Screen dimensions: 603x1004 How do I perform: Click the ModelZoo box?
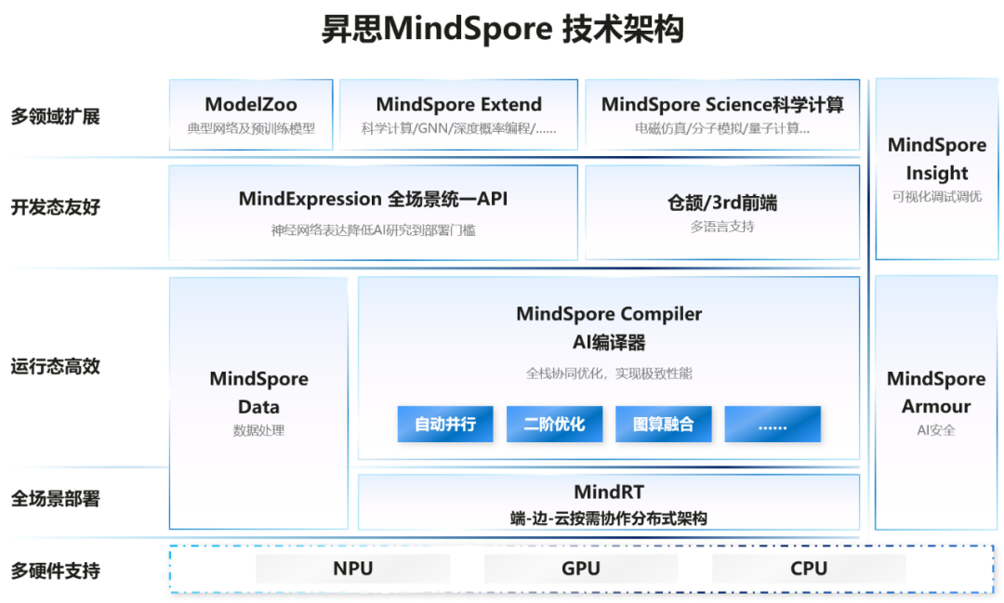[251, 114]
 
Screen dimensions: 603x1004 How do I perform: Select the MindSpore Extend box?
[458, 114]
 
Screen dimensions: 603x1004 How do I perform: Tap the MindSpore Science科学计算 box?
[722, 114]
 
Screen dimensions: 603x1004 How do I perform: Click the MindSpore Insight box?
[936, 169]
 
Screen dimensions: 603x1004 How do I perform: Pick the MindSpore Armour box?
[936, 402]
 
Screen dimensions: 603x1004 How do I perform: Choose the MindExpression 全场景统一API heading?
[373, 199]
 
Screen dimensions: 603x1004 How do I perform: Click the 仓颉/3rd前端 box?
[722, 213]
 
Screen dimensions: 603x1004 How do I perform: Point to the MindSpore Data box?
[258, 403]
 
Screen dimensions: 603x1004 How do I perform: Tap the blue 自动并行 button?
[445, 425]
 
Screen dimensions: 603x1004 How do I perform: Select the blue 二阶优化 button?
[554, 425]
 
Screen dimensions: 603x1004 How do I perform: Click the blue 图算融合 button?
[664, 425]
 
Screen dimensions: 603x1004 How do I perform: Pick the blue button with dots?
[773, 425]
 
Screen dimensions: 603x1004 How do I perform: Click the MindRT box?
[609, 503]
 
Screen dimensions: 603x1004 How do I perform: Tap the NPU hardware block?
[352, 569]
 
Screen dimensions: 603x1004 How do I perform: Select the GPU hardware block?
[581, 569]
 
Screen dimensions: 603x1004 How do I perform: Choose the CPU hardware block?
[809, 569]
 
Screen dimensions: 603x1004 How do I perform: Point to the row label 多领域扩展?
[55, 117]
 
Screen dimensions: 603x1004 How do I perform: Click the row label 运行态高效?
[55, 366]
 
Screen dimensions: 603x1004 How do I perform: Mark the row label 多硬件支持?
[55, 570]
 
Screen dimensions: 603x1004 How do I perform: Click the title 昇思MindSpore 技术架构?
[502, 30]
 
